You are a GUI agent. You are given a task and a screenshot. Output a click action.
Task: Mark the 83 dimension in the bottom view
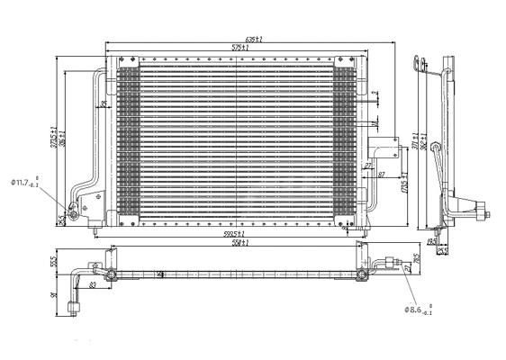[92, 286]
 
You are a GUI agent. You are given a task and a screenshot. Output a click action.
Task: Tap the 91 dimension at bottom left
[55, 294]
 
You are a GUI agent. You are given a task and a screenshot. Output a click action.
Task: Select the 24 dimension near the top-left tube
[104, 104]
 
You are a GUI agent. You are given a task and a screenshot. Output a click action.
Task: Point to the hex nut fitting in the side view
[486, 215]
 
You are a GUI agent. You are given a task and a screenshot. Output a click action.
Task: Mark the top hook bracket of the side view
[417, 63]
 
